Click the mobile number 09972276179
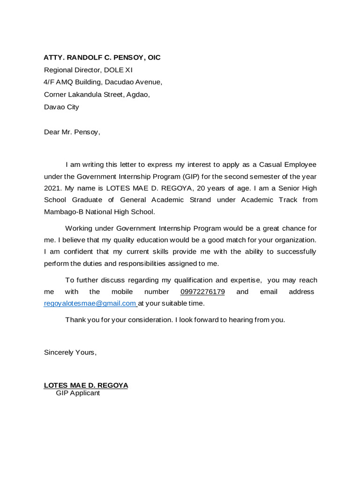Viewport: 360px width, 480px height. point(202,292)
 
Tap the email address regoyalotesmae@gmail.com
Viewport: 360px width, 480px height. point(90,303)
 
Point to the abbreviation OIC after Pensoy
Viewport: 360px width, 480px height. point(152,58)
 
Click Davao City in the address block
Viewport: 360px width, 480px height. point(61,107)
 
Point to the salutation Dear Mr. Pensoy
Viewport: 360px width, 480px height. point(72,132)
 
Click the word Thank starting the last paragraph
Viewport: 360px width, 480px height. point(75,320)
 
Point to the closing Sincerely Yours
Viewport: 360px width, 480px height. point(70,352)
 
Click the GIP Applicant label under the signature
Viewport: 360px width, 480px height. point(78,393)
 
